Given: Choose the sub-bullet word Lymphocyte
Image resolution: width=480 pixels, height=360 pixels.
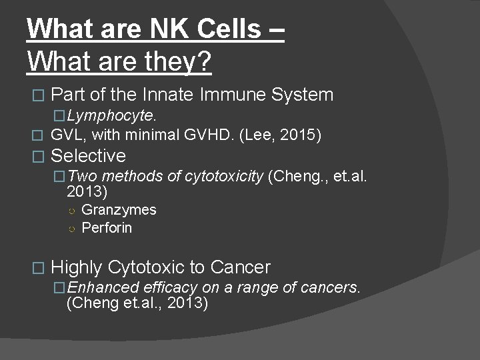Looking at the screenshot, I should [x=112, y=115].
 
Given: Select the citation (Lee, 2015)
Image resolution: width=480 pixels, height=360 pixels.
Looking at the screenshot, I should [x=291, y=135].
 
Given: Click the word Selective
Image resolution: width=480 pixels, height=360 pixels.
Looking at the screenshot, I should [x=88, y=156].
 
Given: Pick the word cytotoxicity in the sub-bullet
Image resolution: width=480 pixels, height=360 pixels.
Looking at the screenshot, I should [x=223, y=176].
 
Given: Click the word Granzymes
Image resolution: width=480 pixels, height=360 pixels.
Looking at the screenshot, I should [x=119, y=210].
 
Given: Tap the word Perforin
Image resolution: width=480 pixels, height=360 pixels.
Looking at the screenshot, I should [x=107, y=228].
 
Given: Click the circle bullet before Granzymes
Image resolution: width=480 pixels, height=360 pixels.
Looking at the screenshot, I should [x=71, y=211].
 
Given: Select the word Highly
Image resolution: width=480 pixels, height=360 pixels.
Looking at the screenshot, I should [x=76, y=267].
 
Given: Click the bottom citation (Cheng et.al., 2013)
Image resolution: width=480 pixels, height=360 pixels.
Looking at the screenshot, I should [x=137, y=303].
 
